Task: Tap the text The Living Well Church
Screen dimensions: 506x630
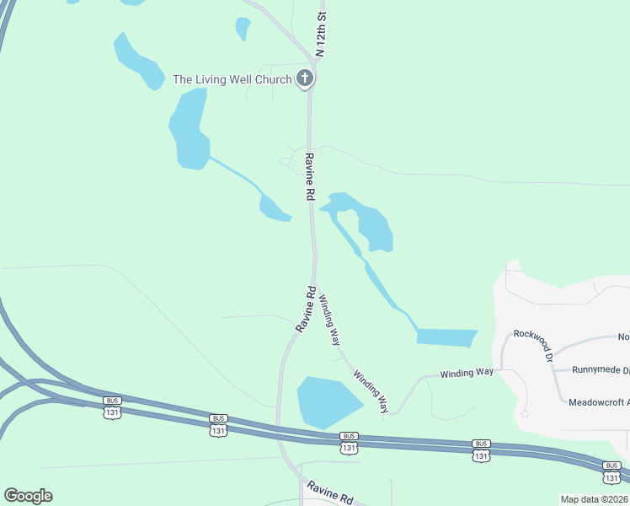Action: (x=232, y=79)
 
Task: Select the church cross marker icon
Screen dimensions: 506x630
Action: (x=305, y=79)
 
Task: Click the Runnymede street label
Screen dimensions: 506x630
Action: (x=600, y=370)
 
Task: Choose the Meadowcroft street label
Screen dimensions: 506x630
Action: (x=598, y=402)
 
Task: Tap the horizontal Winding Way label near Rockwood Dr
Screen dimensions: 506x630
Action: (x=466, y=372)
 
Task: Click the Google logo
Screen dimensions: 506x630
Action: (x=28, y=496)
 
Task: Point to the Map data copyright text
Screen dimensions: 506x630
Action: (x=593, y=499)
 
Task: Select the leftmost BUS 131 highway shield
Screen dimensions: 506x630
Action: (x=112, y=406)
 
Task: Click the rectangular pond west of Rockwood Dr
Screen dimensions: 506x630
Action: (x=446, y=337)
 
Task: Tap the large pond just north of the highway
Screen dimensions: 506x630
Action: (x=327, y=401)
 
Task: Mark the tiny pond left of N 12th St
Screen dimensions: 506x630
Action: (x=243, y=29)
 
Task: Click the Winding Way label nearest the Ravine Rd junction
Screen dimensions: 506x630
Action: (x=330, y=320)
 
